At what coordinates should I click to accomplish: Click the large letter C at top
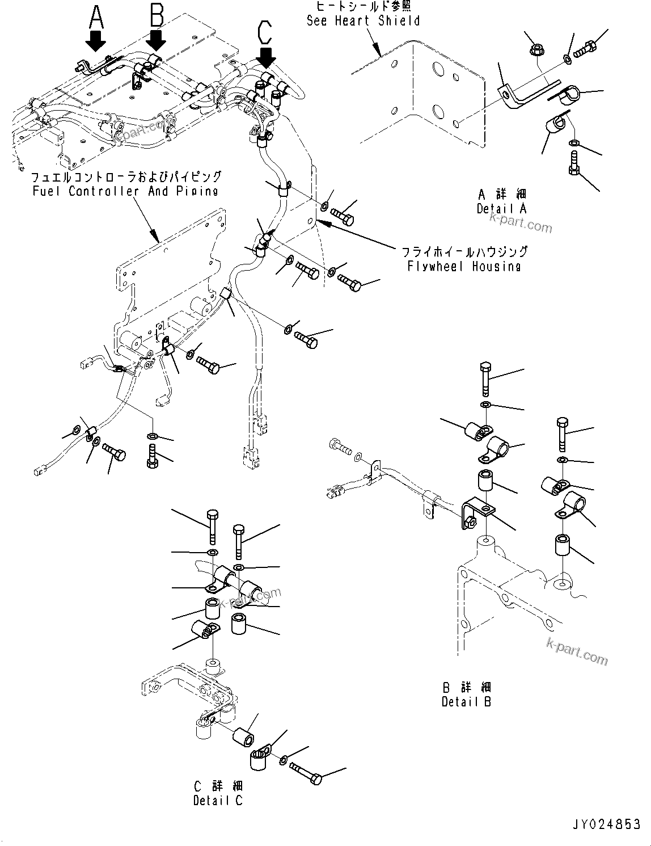click(265, 32)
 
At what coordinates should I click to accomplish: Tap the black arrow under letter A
click(96, 41)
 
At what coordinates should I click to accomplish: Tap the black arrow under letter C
click(265, 56)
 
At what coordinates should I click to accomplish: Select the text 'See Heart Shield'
click(363, 21)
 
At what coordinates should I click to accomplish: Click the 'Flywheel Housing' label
click(464, 266)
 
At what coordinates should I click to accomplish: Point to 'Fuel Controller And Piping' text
click(125, 191)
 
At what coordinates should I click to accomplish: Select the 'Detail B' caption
click(466, 701)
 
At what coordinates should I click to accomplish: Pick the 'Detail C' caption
click(218, 801)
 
